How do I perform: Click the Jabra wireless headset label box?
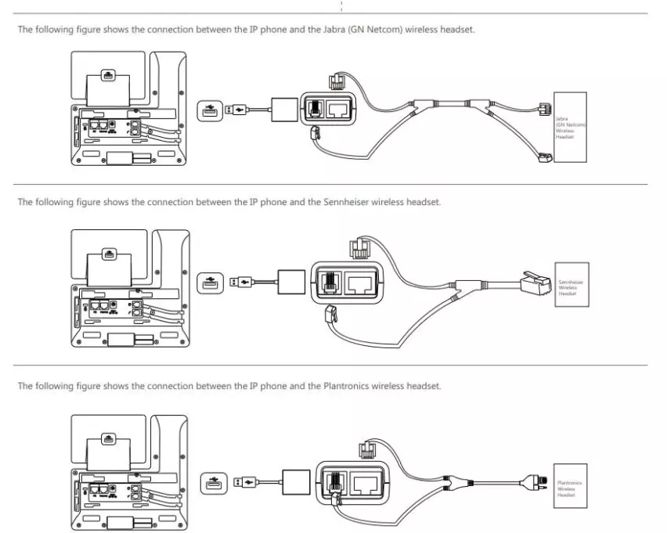click(x=570, y=127)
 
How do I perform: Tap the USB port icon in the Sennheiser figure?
click(x=207, y=280)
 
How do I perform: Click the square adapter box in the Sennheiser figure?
click(x=289, y=279)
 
